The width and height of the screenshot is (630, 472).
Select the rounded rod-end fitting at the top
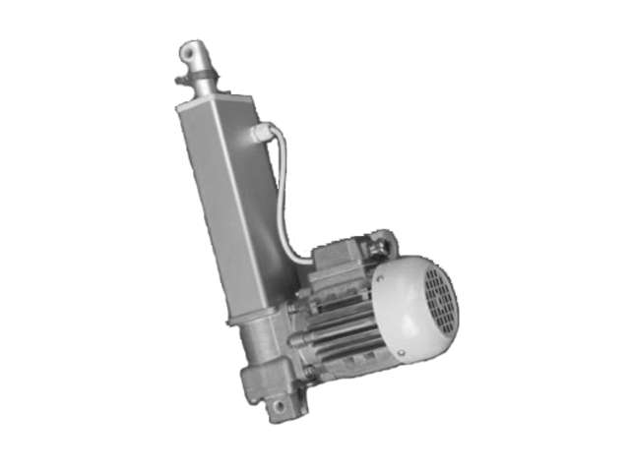[x=194, y=53]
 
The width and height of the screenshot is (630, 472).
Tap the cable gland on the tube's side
[x=261, y=133]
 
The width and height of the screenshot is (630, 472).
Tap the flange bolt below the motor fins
[x=311, y=372]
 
